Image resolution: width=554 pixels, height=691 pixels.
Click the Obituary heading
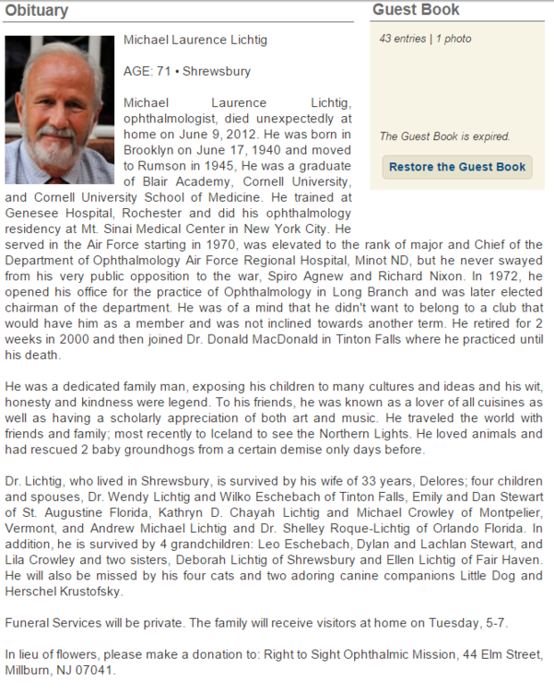click(x=37, y=10)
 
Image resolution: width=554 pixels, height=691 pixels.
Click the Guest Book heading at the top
click(x=416, y=10)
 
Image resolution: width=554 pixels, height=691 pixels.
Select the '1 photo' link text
click(x=454, y=39)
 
